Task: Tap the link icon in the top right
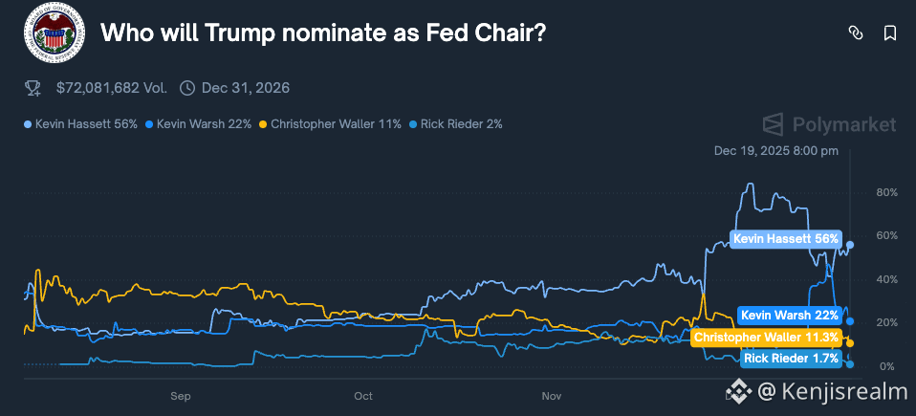click(856, 33)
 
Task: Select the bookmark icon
click(889, 33)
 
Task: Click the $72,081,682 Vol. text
click(111, 88)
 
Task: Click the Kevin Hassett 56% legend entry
click(81, 124)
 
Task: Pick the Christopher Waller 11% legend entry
click(330, 124)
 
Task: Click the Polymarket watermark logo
click(830, 124)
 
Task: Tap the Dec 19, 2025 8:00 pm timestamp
click(776, 151)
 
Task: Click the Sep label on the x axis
click(181, 395)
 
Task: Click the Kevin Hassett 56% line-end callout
click(786, 239)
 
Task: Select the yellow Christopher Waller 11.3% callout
click(766, 338)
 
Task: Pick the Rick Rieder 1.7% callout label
click(792, 359)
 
